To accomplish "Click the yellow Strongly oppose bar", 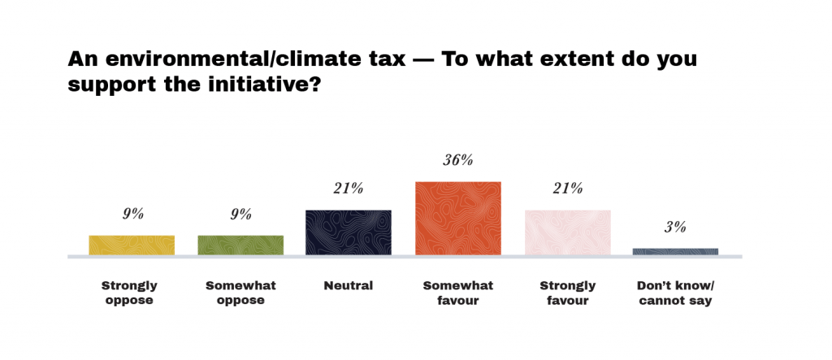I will (x=132, y=245).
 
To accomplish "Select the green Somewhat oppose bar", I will (x=240, y=245).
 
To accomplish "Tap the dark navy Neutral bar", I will (x=348, y=232).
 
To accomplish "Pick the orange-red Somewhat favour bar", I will (x=457, y=218).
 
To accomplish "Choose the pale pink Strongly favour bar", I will (x=567, y=232).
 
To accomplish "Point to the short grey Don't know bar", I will (x=675, y=252).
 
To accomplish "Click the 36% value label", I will (x=457, y=160).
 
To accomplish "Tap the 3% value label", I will (x=675, y=227).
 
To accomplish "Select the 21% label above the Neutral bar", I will (x=348, y=189).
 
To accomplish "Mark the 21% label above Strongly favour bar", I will (x=567, y=189).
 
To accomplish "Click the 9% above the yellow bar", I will (x=132, y=215).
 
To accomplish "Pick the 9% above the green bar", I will (x=240, y=215).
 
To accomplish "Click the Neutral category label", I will (x=348, y=285).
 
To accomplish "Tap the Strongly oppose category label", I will (x=129, y=293).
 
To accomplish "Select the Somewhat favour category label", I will (x=457, y=293).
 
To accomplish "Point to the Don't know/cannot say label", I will (x=675, y=293).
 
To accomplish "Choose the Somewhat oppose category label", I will (x=240, y=293).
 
